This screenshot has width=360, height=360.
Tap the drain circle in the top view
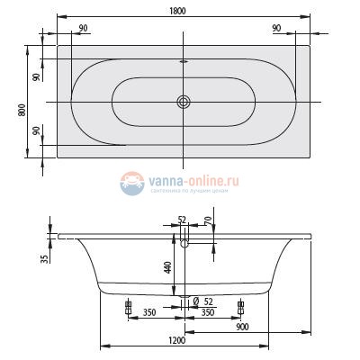pos(184,102)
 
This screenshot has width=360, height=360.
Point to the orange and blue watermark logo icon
pos(134,184)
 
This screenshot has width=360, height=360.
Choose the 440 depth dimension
pos(167,266)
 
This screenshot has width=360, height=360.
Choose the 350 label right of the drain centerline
pos(206,311)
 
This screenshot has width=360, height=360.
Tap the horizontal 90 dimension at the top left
pos(82,29)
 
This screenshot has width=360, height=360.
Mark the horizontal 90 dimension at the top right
pos(276,29)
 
